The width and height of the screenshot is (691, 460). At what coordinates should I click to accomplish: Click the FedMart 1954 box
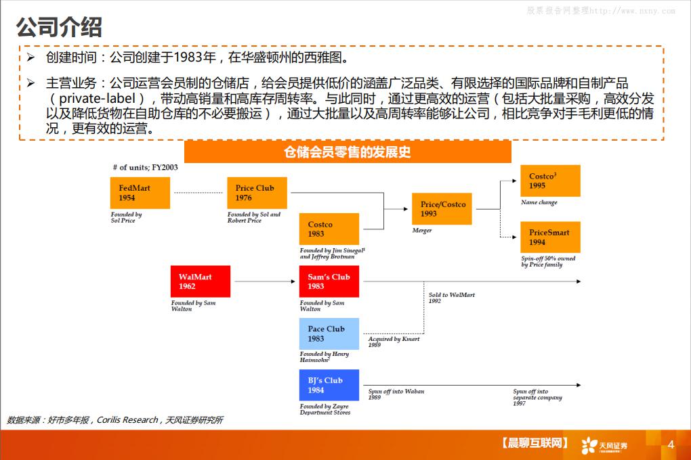point(140,193)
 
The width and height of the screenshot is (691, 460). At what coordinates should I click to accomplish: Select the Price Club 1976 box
point(256,193)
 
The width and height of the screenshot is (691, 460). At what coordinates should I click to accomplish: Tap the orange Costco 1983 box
point(329,229)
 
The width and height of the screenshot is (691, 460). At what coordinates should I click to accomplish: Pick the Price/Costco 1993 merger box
point(442,208)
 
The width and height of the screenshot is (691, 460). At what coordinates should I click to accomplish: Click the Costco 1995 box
point(550,181)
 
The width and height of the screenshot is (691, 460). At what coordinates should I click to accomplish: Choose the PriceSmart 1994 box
point(550,237)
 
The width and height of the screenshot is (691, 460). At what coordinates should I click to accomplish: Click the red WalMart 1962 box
point(201,281)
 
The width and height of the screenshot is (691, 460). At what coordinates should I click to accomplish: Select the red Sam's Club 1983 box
point(329,281)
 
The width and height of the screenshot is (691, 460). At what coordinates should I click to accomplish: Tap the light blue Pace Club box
point(329,333)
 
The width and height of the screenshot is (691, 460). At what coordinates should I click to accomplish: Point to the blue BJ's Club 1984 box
point(329,385)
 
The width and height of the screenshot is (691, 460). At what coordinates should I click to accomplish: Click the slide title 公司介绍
point(59,27)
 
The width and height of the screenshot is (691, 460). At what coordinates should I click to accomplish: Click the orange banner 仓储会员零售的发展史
point(348,152)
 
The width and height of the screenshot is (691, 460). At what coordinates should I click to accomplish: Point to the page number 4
point(671,444)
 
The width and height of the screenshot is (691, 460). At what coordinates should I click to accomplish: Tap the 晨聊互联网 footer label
point(534,444)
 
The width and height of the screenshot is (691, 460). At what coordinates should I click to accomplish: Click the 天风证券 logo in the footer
point(604,444)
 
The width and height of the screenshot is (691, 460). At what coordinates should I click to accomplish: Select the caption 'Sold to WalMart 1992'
point(451,298)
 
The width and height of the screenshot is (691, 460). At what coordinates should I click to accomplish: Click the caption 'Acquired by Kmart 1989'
point(394,342)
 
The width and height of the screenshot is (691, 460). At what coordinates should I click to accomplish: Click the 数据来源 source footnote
point(114,420)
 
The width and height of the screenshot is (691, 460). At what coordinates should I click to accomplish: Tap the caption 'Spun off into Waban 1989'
point(396,394)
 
